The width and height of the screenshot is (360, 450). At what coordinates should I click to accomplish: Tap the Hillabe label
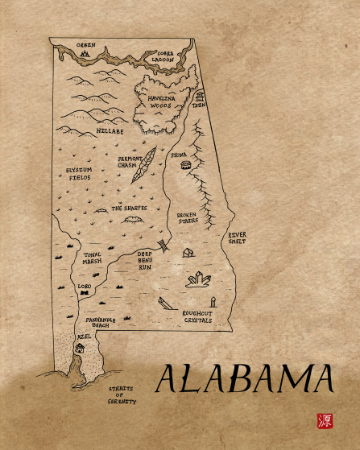tap(110, 129)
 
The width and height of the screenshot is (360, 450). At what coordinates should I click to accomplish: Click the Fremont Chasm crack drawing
tap(143, 166)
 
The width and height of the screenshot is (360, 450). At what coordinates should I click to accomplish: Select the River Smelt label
tap(237, 237)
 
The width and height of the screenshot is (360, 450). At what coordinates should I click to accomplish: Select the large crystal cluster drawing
tap(198, 279)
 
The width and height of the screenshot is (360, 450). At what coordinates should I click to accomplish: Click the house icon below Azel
tap(79, 349)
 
